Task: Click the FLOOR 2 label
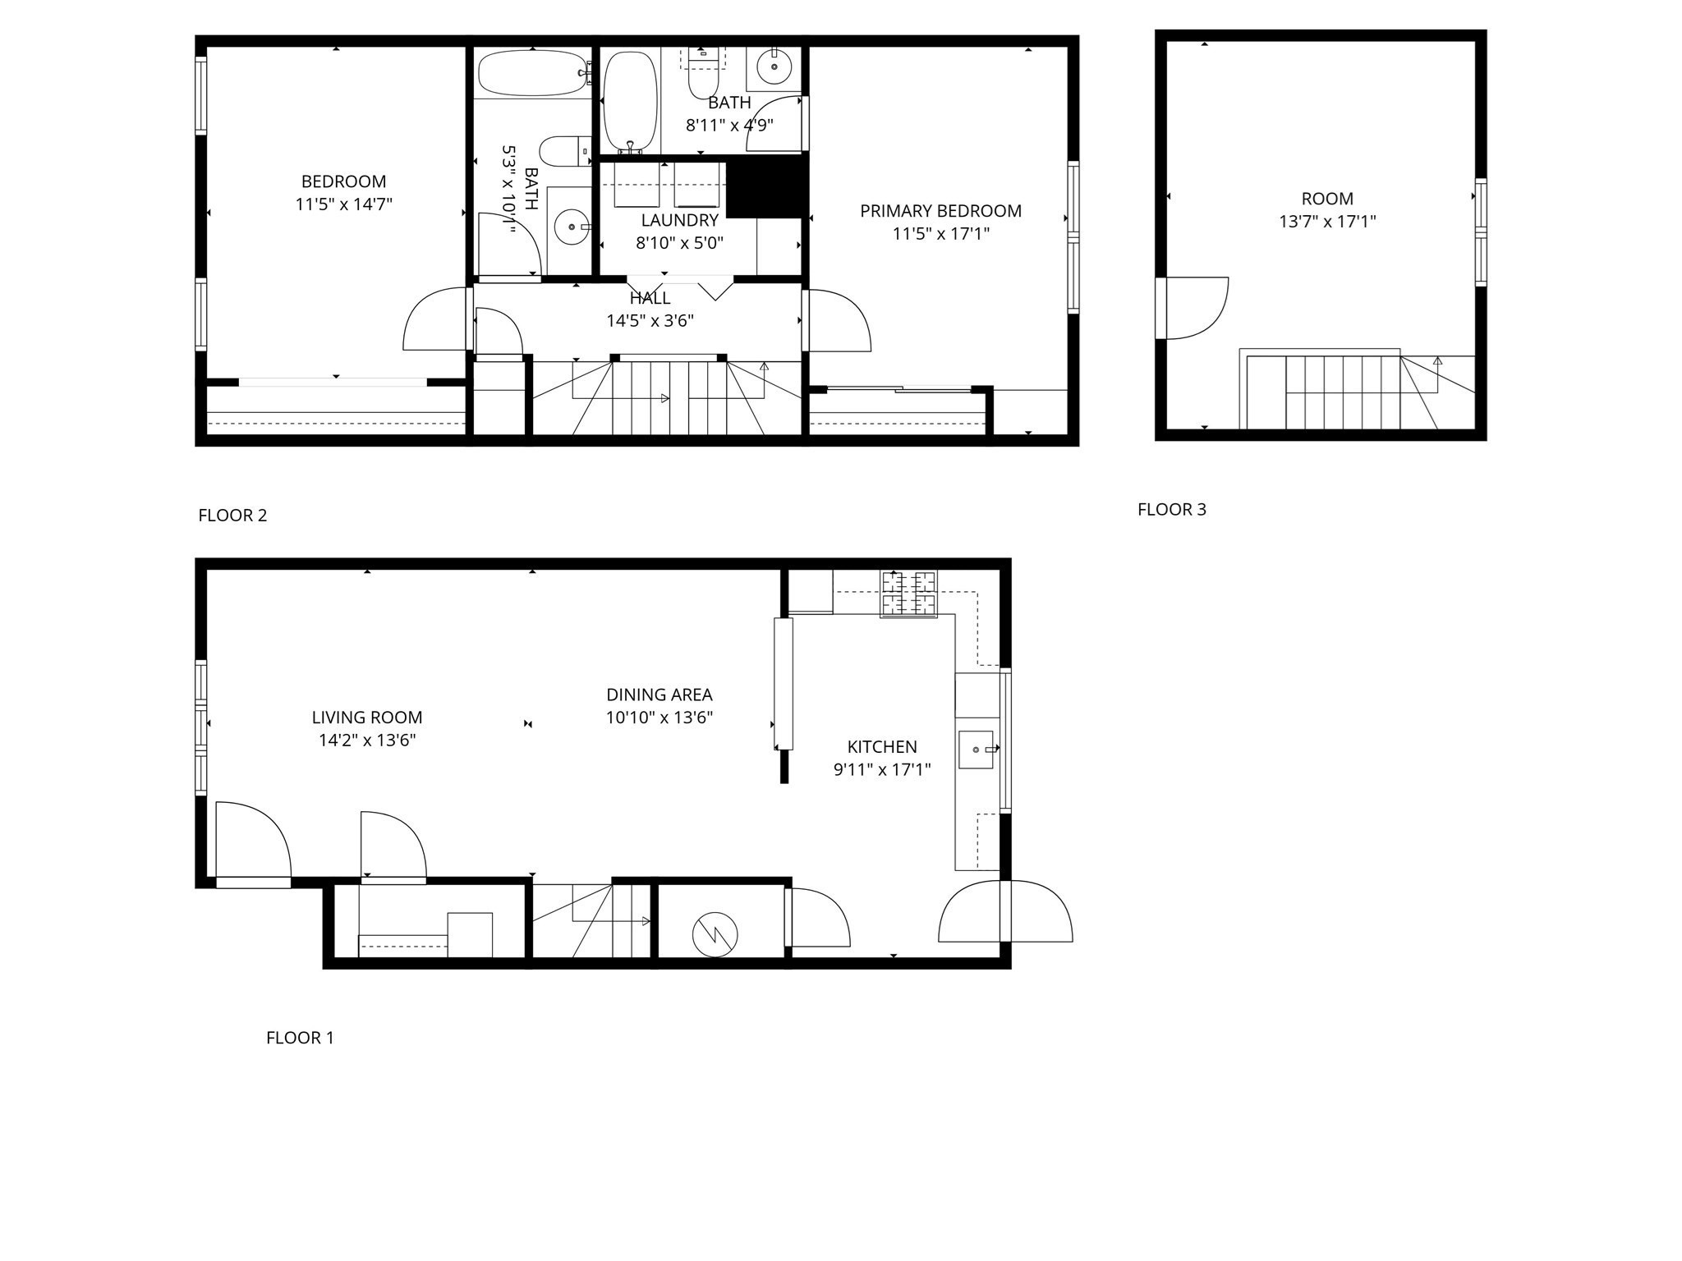coord(232,516)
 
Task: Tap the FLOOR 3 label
coord(1171,510)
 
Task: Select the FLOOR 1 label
coord(300,1038)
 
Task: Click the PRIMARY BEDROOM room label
coord(940,211)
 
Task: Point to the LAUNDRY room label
coord(679,220)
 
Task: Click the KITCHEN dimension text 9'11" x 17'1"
coord(882,770)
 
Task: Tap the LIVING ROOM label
coord(366,718)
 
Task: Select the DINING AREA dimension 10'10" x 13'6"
coord(659,718)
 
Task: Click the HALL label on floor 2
coord(650,298)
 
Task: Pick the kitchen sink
coord(977,750)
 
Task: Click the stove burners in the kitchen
coord(908,593)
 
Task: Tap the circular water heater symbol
coord(715,933)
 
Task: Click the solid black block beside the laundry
coord(766,187)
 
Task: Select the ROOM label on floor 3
coord(1327,199)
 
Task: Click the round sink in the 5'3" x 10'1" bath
coord(571,227)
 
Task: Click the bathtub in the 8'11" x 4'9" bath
coord(631,102)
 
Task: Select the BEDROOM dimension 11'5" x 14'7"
coord(343,204)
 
